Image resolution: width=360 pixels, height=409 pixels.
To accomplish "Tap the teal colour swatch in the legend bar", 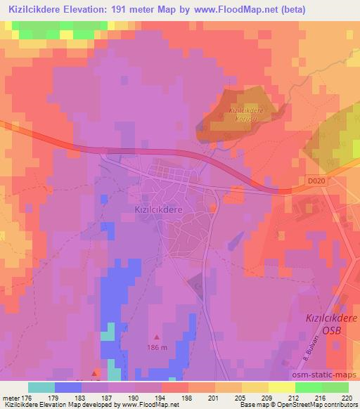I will [41, 387].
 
